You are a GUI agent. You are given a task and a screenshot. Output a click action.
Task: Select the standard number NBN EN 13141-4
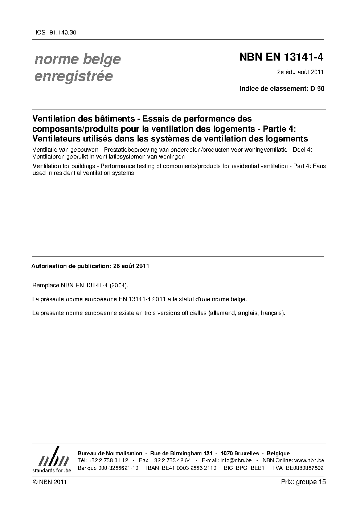[281, 57]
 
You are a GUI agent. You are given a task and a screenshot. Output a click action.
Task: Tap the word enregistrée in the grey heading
[73, 76]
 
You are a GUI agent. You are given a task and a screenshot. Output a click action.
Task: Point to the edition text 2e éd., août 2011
[300, 72]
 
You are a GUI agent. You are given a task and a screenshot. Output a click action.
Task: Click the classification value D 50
[317, 89]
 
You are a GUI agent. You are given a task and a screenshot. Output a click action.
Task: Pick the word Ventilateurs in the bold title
[56, 138]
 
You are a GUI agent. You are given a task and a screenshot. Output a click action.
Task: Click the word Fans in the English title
[319, 166]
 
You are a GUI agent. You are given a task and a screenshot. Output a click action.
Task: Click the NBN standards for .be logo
[52, 460]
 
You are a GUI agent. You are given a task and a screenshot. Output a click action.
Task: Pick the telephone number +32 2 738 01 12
[108, 460]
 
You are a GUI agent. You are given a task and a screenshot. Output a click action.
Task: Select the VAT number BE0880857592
[304, 468]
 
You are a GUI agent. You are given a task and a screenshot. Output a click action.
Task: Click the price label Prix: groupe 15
[303, 482]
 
